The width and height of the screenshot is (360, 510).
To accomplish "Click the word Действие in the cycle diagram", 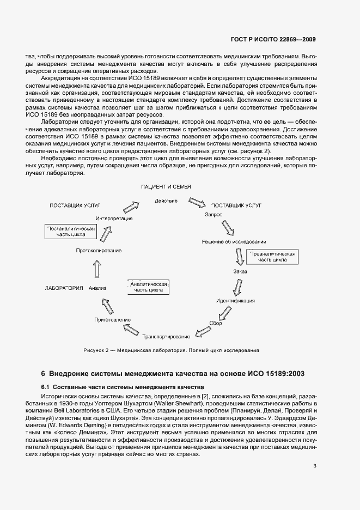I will coord(166,201).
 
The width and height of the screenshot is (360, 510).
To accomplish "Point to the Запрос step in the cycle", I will coord(213,215).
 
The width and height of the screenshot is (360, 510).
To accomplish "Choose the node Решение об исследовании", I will coord(234,241).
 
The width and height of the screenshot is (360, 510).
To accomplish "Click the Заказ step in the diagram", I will coord(240,271).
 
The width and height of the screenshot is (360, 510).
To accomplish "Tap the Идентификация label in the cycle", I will coord(235,301).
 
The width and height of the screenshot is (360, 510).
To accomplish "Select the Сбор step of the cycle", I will coord(216,323).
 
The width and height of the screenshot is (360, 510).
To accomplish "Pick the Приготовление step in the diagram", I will coord(112,319).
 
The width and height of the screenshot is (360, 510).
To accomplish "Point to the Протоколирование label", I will coord(99,251).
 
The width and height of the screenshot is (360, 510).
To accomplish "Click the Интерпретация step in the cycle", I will coord(114,218).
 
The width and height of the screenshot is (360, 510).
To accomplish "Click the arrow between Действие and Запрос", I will coord(196,203).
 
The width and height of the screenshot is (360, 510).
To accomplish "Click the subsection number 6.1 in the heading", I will coord(47,386).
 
